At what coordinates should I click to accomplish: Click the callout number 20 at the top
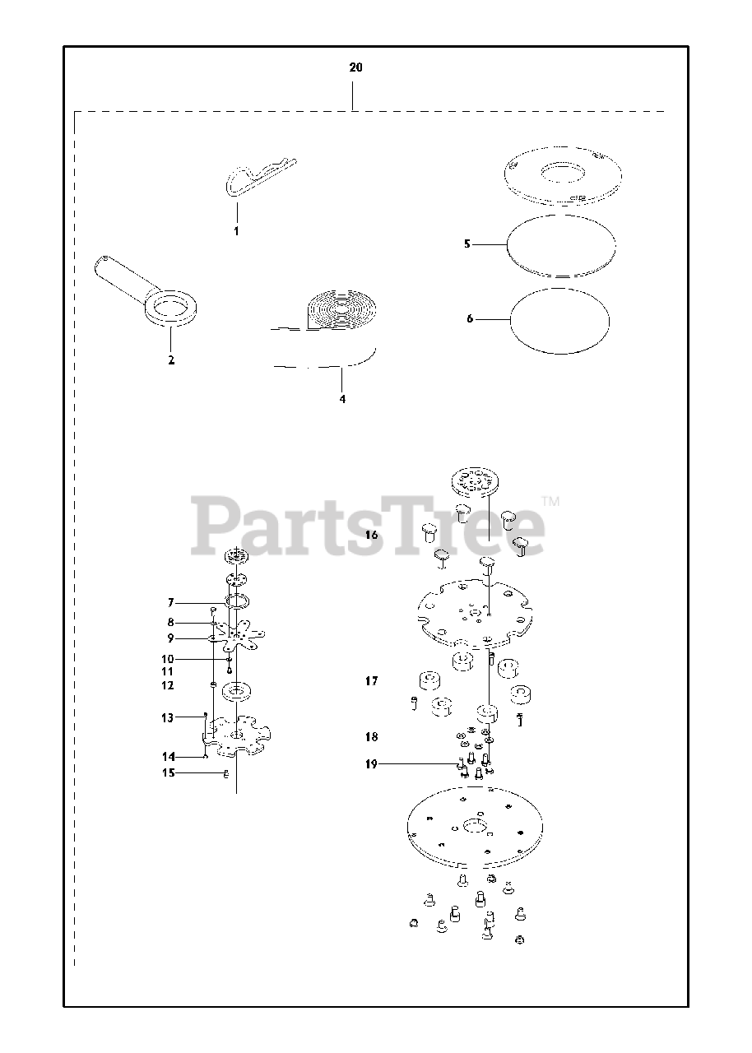[x=355, y=67]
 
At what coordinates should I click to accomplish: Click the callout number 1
[x=236, y=232]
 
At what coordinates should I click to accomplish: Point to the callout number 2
[x=171, y=360]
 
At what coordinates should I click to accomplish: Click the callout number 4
[x=342, y=399]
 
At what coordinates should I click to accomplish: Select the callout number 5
[x=467, y=244]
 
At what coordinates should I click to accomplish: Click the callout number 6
[x=470, y=318]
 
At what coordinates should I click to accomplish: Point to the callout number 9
[x=170, y=638]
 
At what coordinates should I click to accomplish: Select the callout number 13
[x=167, y=718]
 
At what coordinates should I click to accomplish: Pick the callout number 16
[x=372, y=535]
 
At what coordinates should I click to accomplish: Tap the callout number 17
[x=372, y=681]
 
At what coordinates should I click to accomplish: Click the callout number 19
[x=371, y=764]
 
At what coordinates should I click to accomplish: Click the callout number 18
[x=372, y=736]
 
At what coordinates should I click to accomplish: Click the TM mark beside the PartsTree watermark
[x=550, y=501]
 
